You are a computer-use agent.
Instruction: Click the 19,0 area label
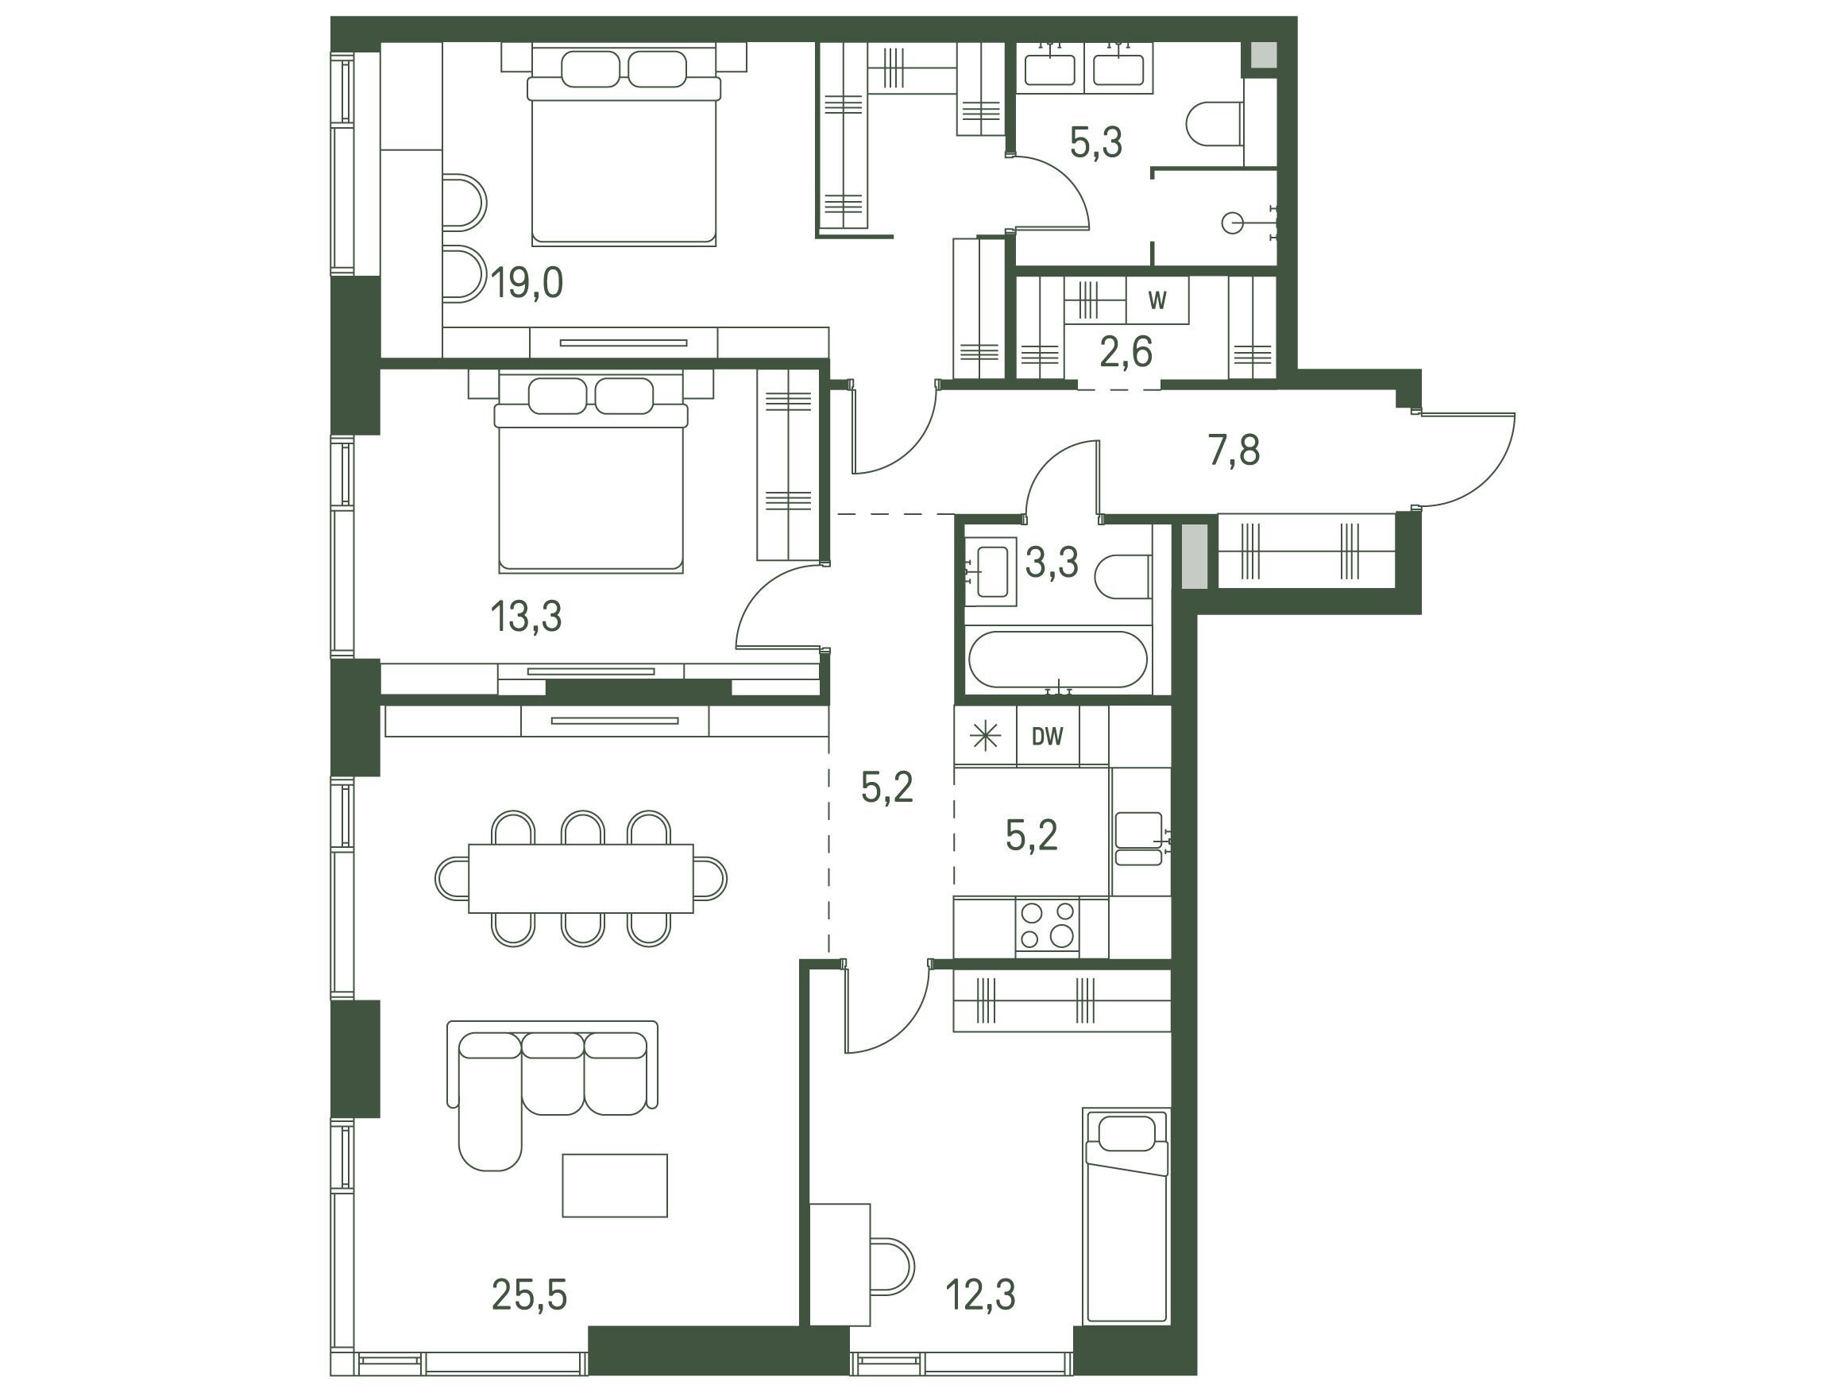click(527, 283)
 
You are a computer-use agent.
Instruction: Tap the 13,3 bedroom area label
click(526, 617)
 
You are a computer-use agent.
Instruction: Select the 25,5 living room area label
click(529, 1294)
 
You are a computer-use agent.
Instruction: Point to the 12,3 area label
click(979, 1294)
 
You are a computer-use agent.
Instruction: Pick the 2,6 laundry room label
click(1126, 352)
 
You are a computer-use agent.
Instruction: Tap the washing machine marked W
click(1157, 300)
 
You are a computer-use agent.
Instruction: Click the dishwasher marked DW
click(1048, 736)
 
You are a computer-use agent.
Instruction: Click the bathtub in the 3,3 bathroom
click(1058, 660)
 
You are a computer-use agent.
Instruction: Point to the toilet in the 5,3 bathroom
click(1215, 133)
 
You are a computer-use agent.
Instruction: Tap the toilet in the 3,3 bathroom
click(1122, 577)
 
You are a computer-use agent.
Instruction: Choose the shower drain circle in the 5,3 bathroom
click(1232, 223)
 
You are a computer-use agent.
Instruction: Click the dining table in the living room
click(581, 879)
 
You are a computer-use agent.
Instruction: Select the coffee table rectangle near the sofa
click(615, 1185)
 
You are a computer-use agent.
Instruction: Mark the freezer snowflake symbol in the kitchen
click(986, 736)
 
